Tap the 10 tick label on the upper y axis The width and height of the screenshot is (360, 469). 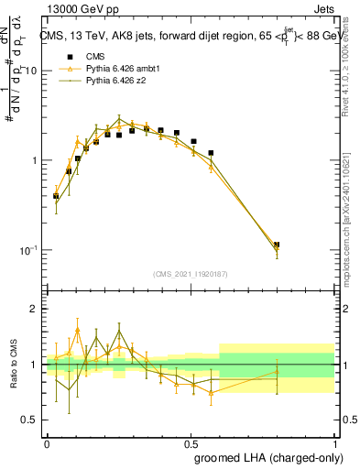coord(29,71)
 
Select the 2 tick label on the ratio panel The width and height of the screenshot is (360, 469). coord(34,310)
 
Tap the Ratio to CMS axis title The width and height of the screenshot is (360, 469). coord(12,364)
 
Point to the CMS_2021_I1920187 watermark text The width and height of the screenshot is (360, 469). coord(191,275)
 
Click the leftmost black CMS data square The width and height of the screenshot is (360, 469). coord(56,195)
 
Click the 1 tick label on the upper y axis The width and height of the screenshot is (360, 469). coord(34,160)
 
